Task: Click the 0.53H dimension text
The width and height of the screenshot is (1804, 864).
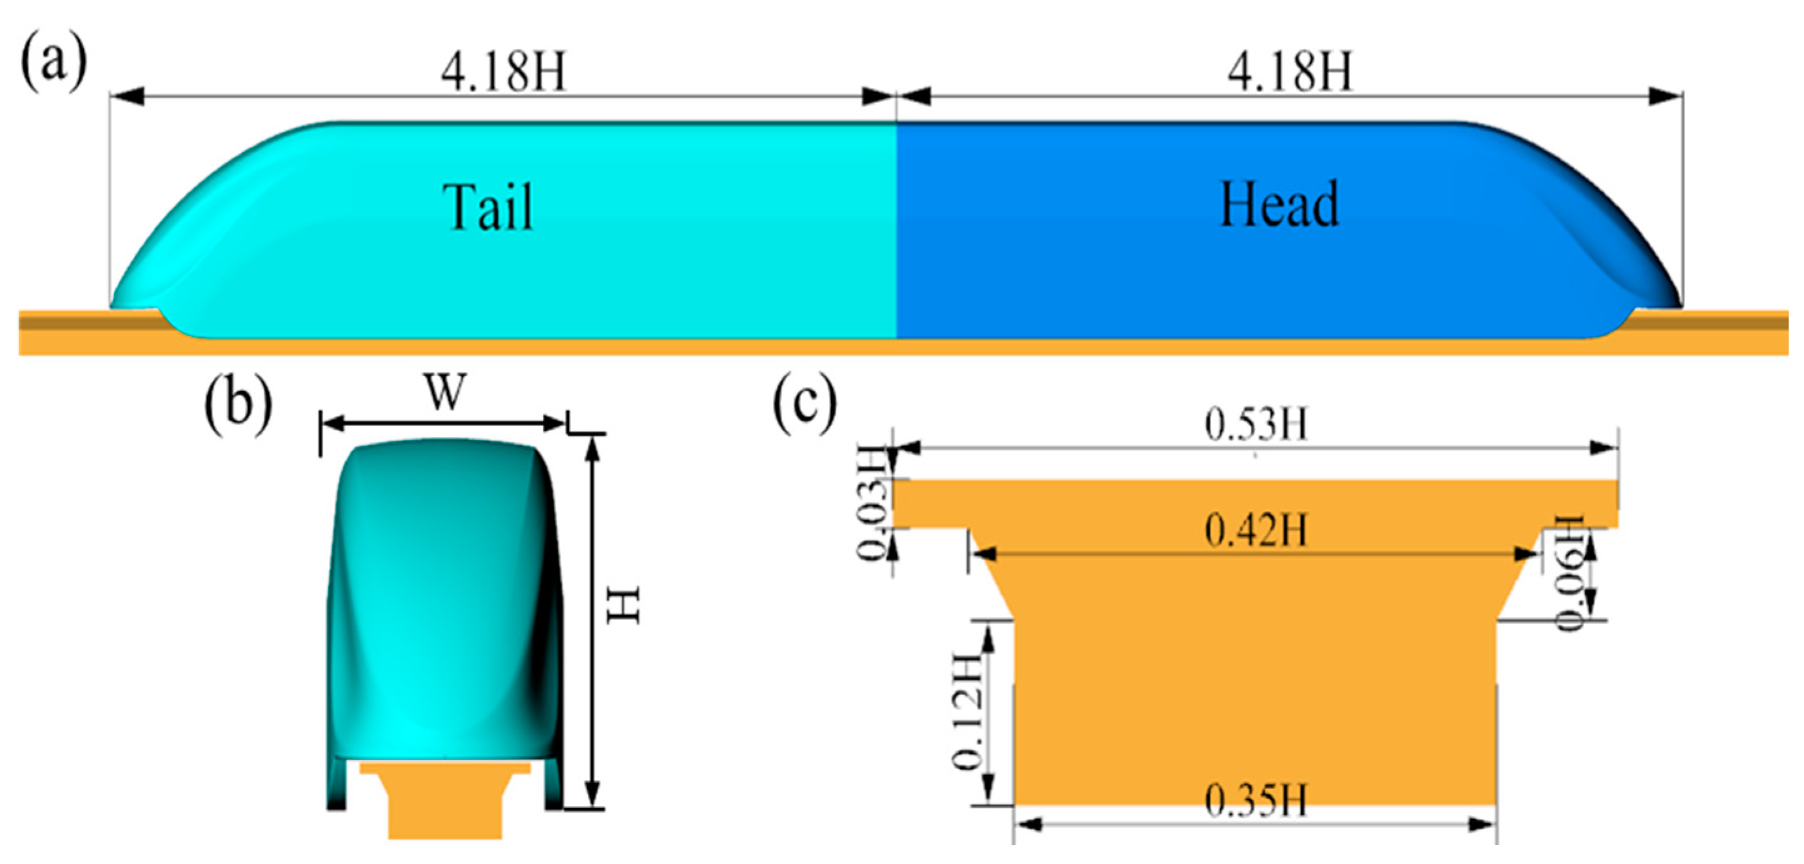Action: tap(1256, 425)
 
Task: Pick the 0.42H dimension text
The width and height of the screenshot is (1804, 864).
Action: tap(1256, 530)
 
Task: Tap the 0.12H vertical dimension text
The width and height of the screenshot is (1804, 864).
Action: tap(967, 711)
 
